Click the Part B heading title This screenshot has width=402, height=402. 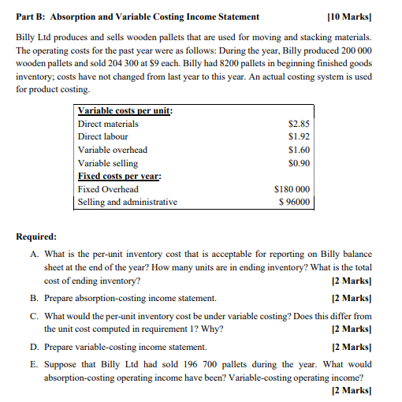coord(137,17)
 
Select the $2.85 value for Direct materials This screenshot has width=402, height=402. coord(300,124)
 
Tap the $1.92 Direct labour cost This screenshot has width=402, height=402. coord(300,136)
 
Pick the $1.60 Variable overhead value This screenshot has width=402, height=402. coord(300,150)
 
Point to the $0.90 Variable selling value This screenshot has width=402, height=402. coord(300,163)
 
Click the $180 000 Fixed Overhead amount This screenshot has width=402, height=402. coord(292,189)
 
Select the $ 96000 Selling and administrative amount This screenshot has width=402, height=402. coord(294,202)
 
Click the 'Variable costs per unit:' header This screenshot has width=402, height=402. coord(125,111)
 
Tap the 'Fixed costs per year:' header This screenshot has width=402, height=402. coord(119,176)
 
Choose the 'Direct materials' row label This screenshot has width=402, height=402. coord(108,124)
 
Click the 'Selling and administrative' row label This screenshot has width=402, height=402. coord(128,202)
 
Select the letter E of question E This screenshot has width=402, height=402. coord(34,364)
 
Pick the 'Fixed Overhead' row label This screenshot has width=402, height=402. coord(108,189)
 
